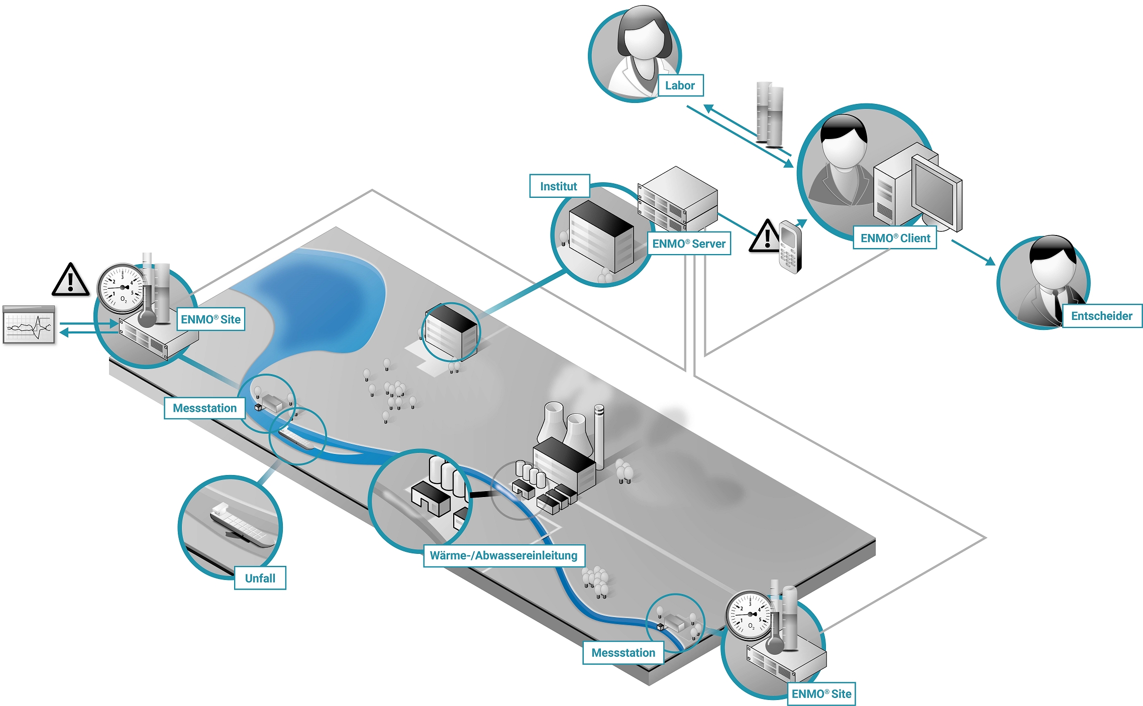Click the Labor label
680,85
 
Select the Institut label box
559,186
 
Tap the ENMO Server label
688,244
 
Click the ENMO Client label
895,238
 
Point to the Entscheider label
1101,316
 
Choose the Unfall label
260,578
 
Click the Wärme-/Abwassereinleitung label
503,555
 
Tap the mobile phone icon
790,247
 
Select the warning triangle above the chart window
71,280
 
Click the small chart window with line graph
29,325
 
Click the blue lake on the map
322,301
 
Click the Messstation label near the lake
204,408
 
